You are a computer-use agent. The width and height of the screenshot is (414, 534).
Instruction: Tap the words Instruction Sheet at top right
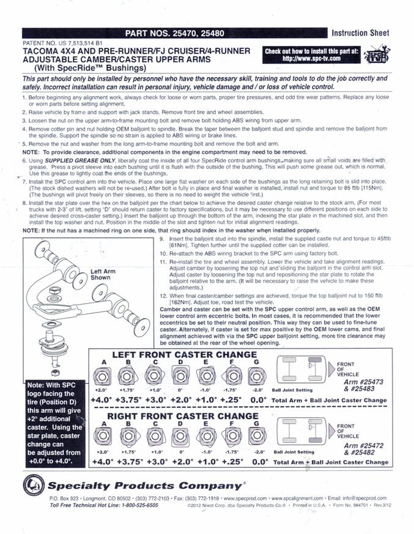tap(360, 33)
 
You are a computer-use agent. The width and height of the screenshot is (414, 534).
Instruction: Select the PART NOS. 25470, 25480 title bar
tap(175, 33)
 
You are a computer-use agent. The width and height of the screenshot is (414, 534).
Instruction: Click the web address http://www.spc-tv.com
tap(311, 58)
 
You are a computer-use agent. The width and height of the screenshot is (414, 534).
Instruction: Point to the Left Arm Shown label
tap(103, 274)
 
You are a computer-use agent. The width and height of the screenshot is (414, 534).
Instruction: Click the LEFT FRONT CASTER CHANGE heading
tap(185, 355)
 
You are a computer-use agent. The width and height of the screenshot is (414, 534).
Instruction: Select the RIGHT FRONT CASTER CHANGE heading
tap(183, 416)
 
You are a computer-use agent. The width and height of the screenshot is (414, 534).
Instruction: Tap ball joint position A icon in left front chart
tap(102, 376)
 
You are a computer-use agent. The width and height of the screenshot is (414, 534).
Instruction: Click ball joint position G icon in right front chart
tap(257, 436)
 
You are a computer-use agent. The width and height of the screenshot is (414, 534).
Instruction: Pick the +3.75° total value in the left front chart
tap(128, 400)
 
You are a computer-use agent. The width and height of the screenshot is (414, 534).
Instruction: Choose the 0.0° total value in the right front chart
tap(260, 462)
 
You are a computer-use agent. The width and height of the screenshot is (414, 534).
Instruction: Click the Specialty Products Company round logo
tap(34, 485)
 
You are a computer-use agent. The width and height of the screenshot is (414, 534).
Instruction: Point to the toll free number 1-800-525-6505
tap(140, 505)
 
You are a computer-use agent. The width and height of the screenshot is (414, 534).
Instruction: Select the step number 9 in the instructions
tap(162, 239)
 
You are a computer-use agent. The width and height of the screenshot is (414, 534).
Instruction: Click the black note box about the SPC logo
tap(55, 423)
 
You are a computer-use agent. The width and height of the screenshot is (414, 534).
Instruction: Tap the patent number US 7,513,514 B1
tap(80, 43)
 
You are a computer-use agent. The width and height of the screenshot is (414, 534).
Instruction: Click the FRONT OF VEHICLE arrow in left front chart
tap(331, 369)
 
